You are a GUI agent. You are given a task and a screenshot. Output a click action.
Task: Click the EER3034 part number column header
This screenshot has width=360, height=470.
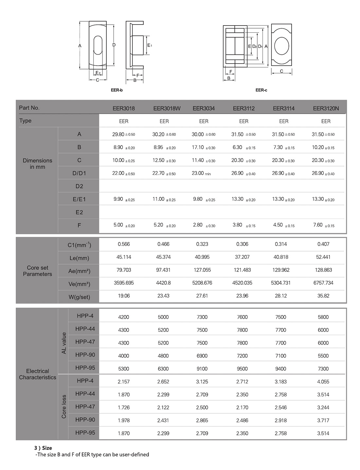tap(204, 108)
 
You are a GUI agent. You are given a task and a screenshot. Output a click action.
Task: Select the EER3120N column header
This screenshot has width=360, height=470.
tap(326, 108)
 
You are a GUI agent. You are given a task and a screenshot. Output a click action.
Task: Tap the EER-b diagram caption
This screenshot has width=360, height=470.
tap(117, 90)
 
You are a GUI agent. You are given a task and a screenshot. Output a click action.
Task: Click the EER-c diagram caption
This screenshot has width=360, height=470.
tap(261, 90)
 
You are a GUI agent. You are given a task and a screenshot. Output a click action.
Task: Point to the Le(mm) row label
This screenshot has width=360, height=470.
tap(79, 258)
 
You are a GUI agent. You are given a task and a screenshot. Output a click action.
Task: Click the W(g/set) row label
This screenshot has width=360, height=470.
tap(79, 297)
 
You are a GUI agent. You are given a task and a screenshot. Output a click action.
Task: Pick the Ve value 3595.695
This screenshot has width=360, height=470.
tap(124, 283)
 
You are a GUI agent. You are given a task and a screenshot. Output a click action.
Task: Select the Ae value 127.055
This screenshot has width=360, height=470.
tap(202, 270)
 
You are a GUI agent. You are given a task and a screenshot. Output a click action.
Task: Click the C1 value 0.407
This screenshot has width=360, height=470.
tap(323, 244)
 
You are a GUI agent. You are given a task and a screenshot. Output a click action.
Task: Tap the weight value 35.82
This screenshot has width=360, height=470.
tap(323, 296)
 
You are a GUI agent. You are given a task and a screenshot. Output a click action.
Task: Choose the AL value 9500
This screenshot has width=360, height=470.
tap(242, 369)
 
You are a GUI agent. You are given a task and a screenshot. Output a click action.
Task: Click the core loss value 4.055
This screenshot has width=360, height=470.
tap(323, 382)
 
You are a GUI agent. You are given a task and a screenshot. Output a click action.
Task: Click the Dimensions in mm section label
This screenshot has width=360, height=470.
tap(37, 164)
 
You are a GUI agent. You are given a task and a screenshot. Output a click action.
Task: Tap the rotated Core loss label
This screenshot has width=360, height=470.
tap(64, 407)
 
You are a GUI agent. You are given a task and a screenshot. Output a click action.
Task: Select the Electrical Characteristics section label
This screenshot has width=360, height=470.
tap(37, 374)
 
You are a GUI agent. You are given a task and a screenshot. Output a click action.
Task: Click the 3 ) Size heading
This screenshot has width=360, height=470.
tap(43, 448)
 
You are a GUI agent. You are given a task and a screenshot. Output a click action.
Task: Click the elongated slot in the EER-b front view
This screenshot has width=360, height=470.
tap(98, 45)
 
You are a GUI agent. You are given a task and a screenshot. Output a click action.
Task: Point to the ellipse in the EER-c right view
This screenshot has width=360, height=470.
tap(281, 46)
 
